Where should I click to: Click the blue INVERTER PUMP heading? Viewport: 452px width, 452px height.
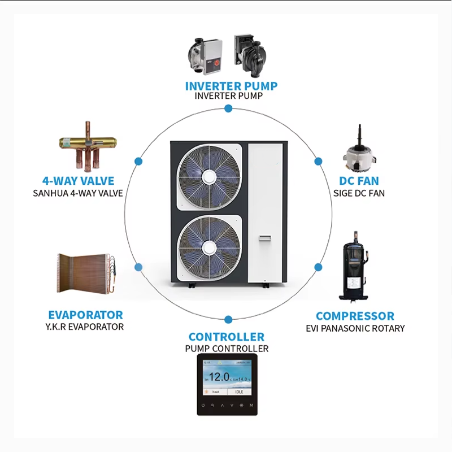231,86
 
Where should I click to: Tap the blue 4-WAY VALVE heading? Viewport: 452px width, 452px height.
78,181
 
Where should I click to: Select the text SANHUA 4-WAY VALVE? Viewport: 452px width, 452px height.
78,193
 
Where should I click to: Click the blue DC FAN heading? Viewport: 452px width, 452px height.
359,181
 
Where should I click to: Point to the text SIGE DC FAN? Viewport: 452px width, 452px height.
359,193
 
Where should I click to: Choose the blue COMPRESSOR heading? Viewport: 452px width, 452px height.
355,316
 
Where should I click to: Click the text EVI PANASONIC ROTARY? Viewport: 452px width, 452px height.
355,328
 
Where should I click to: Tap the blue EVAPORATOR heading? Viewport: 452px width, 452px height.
85,315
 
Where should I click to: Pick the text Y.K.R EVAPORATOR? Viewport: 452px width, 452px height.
85,327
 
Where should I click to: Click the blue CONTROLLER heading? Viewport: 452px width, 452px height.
227,337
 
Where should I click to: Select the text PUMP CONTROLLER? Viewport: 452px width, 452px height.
227,349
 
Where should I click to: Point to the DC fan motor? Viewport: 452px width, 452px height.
360,157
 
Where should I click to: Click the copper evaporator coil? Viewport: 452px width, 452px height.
86,272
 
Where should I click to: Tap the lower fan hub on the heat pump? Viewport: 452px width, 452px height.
208,246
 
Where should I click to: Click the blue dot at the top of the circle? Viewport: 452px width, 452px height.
228,108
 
